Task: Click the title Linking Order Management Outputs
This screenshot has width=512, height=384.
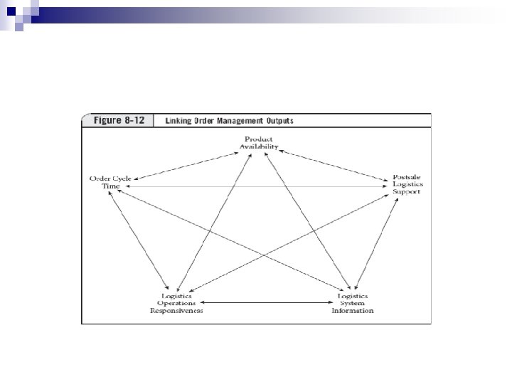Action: [x=229, y=120]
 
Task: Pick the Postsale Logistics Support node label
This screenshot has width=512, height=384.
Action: [x=407, y=183]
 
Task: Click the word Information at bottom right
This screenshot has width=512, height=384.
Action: [x=353, y=311]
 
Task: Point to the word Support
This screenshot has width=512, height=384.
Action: [x=407, y=191]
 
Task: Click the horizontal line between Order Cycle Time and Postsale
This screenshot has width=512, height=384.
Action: [x=256, y=186]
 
